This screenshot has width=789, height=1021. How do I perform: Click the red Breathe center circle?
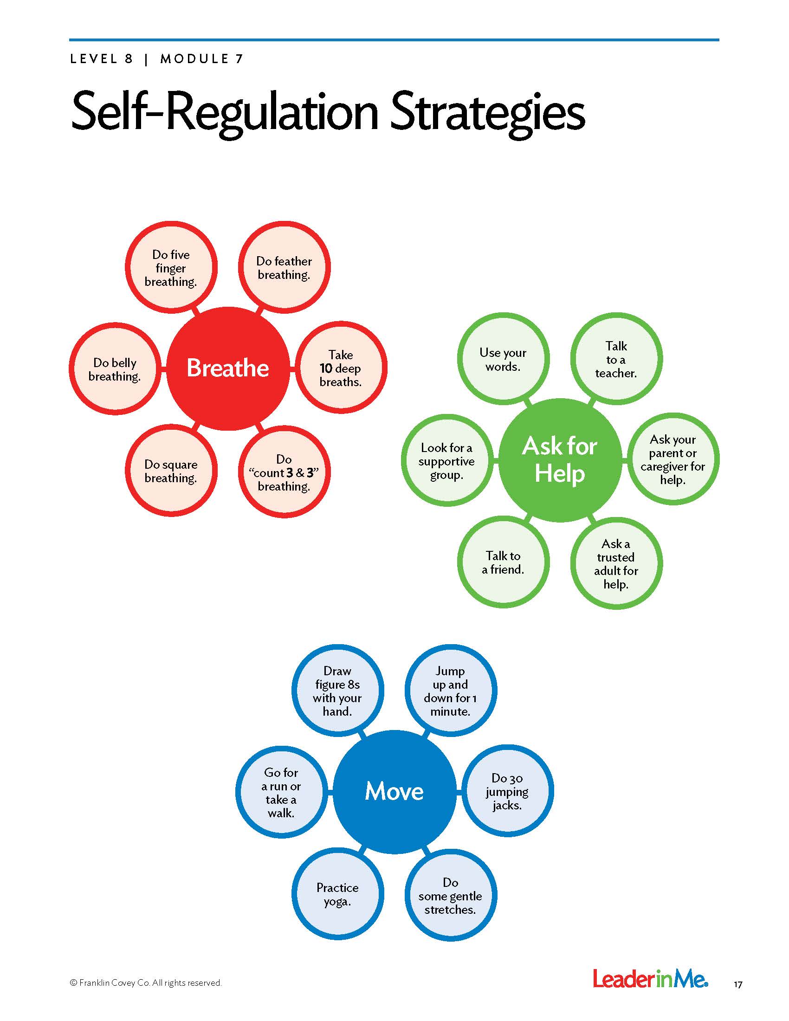coord(227,368)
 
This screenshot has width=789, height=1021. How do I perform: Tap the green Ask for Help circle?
coord(560,460)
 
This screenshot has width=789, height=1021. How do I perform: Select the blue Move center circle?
coord(394,791)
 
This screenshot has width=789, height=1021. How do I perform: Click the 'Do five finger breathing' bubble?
coord(171,268)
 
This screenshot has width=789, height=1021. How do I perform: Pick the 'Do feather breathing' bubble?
coord(284,268)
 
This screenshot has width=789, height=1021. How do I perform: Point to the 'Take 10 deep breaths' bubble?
coord(341,368)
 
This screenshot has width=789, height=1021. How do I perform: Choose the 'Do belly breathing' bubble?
coord(115,369)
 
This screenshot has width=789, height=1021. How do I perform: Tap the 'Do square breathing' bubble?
coord(171,471)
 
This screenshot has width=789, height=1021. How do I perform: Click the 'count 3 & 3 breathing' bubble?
coord(284,472)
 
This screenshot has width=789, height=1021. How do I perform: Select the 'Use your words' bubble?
coord(503,359)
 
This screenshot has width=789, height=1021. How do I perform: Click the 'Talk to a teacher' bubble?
coord(616,359)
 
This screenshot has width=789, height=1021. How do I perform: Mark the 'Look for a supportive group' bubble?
coord(447,461)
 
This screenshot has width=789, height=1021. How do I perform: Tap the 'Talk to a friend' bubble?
coord(503,562)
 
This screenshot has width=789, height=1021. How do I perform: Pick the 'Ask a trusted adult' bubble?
coord(616,564)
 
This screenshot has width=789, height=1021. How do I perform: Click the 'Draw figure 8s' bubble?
coord(337,691)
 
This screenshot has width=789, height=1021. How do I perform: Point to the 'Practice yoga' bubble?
coord(337,894)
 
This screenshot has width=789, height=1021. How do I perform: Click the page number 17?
coord(737,985)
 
